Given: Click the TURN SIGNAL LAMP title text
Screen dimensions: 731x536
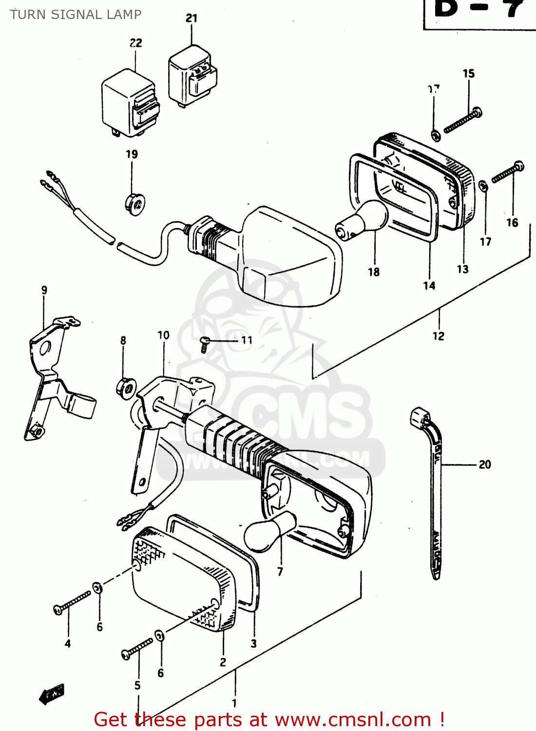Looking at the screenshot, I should pyautogui.click(x=76, y=15).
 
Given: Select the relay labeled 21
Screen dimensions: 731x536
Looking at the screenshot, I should pyautogui.click(x=192, y=76).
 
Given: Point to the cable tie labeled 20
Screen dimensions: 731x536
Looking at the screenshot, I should pyautogui.click(x=434, y=487).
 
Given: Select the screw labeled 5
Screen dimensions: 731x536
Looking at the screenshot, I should pyautogui.click(x=138, y=649).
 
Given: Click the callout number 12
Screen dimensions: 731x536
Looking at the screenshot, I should pyautogui.click(x=438, y=336).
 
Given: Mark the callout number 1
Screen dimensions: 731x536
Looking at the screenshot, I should pyautogui.click(x=234, y=703).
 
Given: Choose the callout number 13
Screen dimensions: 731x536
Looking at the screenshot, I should pyautogui.click(x=462, y=269).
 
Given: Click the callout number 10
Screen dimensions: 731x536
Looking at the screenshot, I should pyautogui.click(x=163, y=335).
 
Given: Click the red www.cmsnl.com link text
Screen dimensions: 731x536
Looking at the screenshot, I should pyautogui.click(x=353, y=720).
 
